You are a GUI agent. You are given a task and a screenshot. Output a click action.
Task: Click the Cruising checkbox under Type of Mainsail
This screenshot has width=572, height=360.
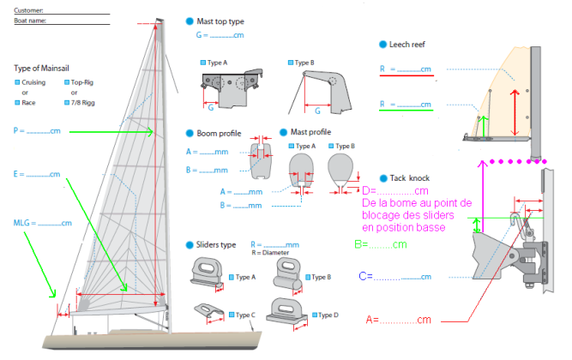[x=17, y=82]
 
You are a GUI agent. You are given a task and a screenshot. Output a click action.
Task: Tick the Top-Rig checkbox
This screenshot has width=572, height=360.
[x=66, y=82]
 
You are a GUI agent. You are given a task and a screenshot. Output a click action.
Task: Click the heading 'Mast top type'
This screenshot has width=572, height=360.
[x=220, y=20]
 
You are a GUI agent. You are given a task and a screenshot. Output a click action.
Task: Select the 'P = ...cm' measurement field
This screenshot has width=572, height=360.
[x=39, y=132]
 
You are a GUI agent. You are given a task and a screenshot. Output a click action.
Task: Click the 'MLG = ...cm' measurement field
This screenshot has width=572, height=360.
[x=42, y=223]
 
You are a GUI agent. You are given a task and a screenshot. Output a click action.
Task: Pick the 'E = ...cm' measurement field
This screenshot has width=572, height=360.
[x=39, y=175]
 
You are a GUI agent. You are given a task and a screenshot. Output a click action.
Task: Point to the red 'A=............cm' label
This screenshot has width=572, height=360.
[x=397, y=320]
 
